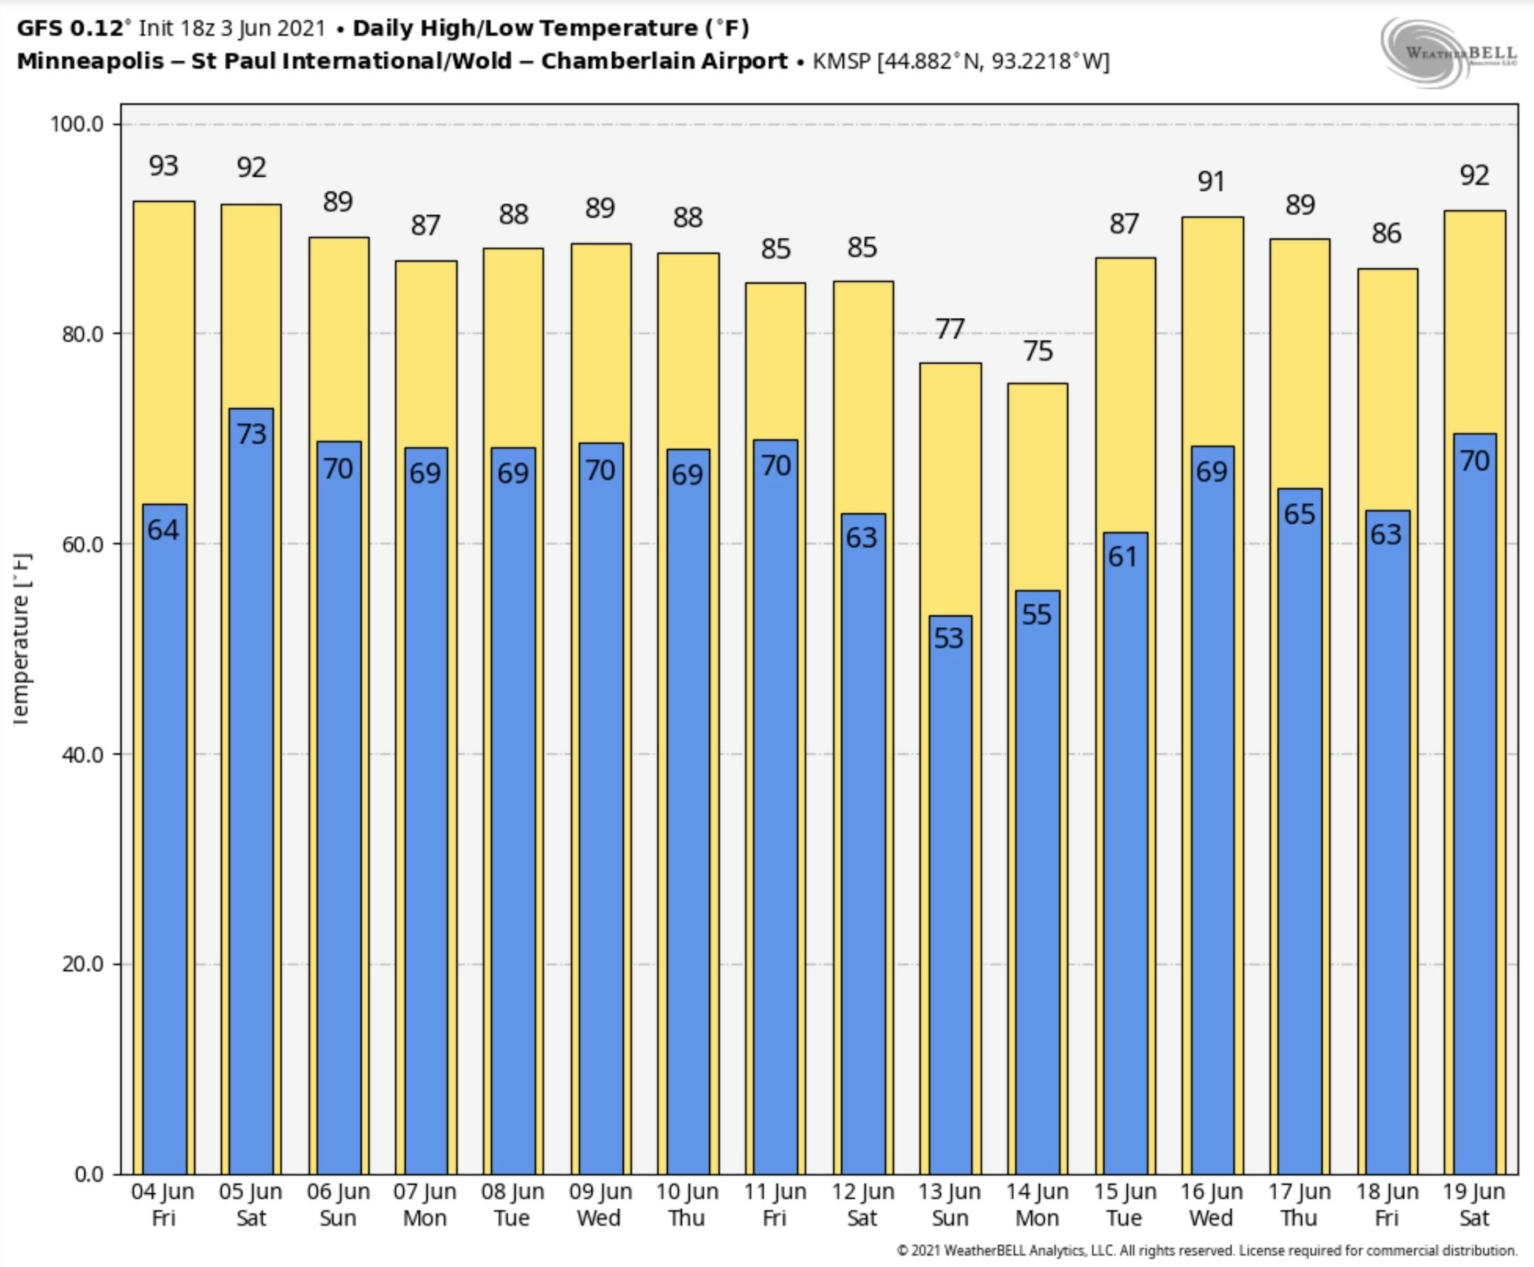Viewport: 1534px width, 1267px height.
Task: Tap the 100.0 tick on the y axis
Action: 77,124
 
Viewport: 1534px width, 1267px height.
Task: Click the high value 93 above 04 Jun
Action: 163,166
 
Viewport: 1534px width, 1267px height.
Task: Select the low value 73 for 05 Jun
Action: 251,434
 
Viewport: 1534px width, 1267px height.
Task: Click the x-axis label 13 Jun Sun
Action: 950,1205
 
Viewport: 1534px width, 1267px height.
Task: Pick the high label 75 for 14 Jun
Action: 1038,352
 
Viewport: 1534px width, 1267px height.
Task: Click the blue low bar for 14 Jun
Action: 1037,876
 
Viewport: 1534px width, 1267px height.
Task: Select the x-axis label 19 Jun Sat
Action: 1474,1205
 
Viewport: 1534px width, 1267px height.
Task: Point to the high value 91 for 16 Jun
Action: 1212,182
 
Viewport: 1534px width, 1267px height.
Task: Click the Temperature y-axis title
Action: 21,638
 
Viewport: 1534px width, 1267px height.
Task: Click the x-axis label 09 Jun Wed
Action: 600,1205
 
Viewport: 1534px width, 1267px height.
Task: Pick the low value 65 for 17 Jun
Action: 1299,514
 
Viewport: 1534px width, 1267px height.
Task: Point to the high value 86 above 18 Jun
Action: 1386,234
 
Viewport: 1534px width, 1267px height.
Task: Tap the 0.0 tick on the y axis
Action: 88,1173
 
